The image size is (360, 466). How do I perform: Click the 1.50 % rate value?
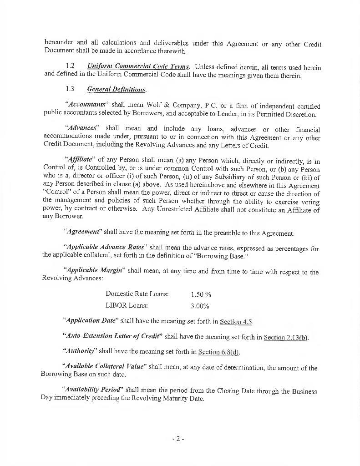(x=201, y=294)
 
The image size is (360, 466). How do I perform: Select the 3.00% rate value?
(x=200, y=306)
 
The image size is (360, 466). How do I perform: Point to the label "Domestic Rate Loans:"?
(x=137, y=294)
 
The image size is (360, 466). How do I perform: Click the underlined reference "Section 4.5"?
(x=236, y=322)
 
